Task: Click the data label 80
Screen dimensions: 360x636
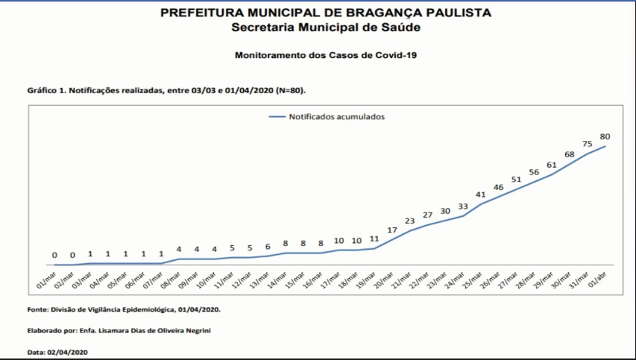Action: click(605, 136)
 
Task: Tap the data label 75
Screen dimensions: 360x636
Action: click(588, 144)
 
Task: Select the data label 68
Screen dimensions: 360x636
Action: click(570, 154)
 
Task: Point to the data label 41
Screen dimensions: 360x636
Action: click(480, 195)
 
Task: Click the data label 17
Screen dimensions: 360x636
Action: click(391, 230)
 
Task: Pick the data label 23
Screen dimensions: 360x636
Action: click(409, 221)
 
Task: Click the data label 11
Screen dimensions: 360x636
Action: click(374, 239)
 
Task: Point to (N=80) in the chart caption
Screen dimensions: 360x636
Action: click(291, 90)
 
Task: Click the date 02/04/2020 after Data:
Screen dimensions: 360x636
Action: click(69, 351)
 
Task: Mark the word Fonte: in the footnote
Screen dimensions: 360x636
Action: click(37, 309)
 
